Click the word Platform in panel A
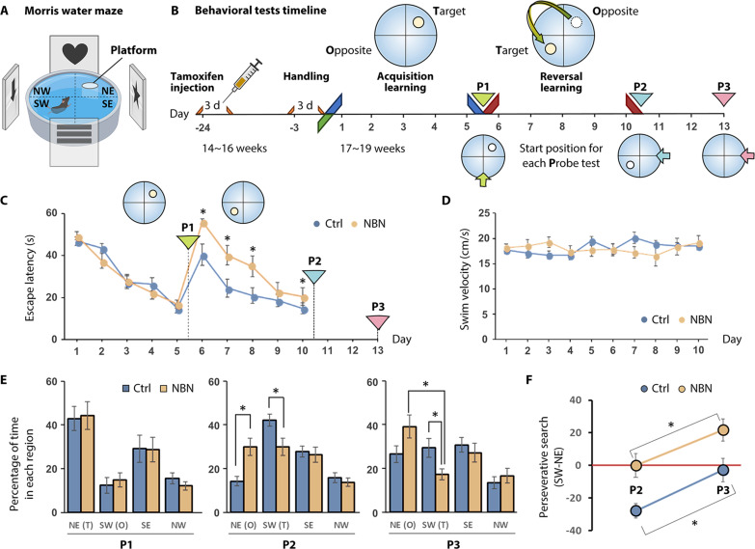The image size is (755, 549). pos(136,58)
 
